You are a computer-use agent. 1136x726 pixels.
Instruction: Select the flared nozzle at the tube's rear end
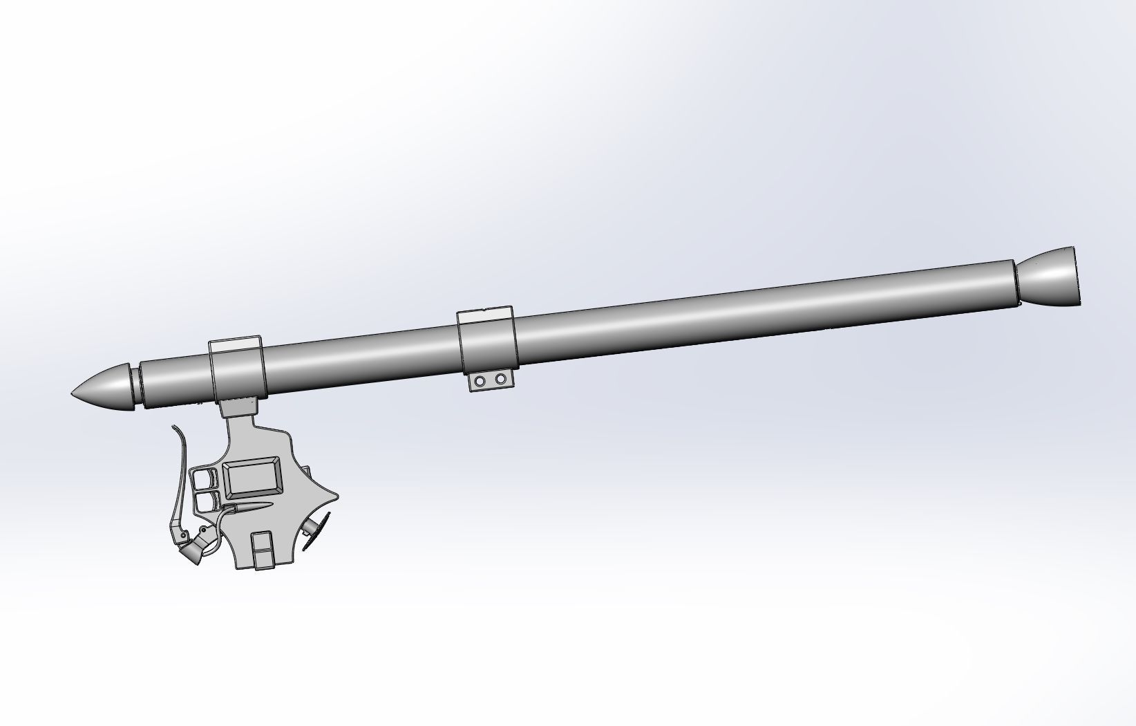click(1050, 277)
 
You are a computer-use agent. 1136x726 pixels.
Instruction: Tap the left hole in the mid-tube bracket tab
click(482, 380)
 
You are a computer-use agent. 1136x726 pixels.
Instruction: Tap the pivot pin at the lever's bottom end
click(183, 535)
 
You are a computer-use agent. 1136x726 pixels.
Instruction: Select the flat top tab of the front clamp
click(236, 344)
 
